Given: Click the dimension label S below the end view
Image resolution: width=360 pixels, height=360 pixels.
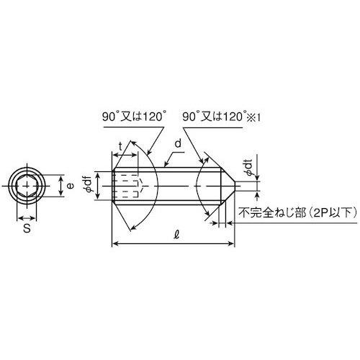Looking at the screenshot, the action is tap(27, 228).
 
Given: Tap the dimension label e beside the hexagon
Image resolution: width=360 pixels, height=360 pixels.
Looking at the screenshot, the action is tap(70, 186).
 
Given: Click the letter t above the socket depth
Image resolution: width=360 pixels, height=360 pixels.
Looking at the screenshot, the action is tap(121, 146).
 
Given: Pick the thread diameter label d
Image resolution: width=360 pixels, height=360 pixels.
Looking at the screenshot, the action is tap(178, 144).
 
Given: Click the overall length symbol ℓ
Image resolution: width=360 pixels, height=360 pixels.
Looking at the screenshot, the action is tap(177, 235).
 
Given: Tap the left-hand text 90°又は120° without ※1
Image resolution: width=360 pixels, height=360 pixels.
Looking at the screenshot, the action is tap(134, 117).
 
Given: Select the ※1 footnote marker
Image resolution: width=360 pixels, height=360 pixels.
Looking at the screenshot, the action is tap(255, 117).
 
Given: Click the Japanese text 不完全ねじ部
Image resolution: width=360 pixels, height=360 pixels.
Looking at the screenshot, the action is tap(272, 213).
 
